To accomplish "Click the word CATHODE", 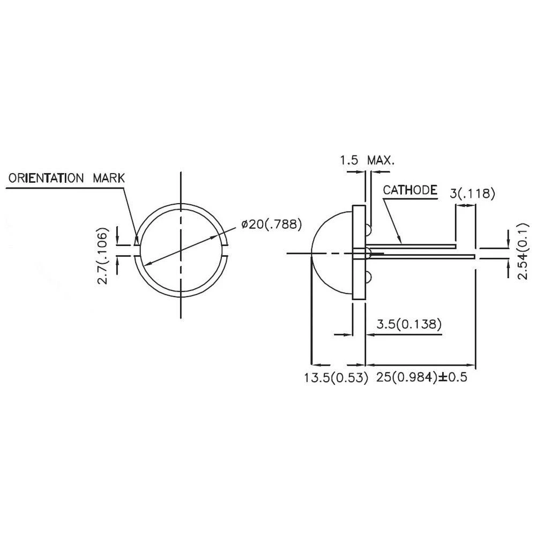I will [410, 190].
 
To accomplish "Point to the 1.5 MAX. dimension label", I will [367, 160].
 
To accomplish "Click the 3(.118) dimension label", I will [472, 193].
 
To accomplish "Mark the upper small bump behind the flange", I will [369, 230].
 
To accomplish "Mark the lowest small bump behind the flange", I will [369, 277].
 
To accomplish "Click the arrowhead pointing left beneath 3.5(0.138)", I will [370, 334].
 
